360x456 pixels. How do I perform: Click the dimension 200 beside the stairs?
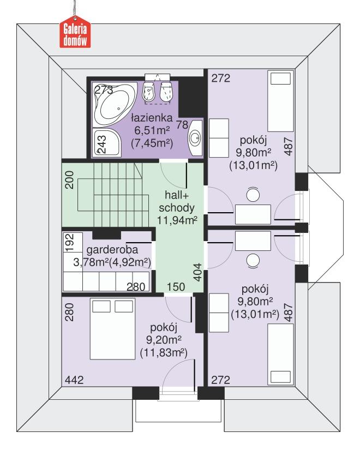coord(70,182)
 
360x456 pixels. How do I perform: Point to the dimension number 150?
coord(175,286)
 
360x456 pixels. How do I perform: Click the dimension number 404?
coord(199,271)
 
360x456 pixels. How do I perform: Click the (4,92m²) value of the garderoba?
coord(131,263)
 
